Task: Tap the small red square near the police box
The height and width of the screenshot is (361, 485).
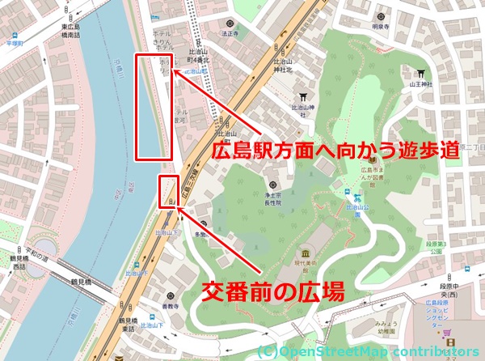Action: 168,189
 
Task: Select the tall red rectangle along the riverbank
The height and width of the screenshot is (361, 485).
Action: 154,106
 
